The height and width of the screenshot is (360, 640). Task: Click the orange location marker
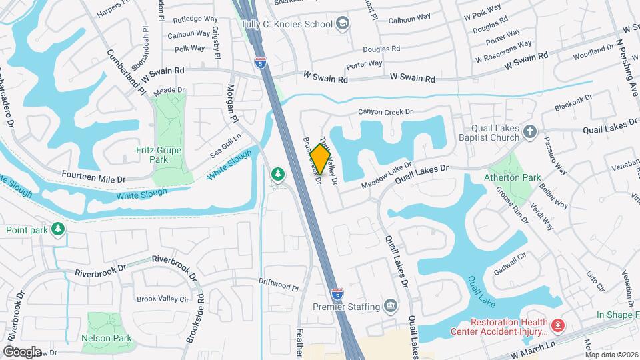(x=321, y=159)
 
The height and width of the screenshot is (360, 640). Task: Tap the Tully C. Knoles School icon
(x=343, y=25)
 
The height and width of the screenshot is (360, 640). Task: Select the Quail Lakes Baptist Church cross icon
(x=529, y=131)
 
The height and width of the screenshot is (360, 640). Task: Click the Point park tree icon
(x=59, y=230)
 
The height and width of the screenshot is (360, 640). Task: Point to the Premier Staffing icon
(x=391, y=307)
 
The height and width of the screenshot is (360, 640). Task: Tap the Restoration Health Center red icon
(x=557, y=326)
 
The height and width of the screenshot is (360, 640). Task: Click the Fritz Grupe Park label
(x=159, y=155)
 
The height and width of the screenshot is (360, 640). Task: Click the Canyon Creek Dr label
(x=386, y=111)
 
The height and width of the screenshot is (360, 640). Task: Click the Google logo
(x=23, y=351)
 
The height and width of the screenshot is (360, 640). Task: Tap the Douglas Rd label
(x=381, y=49)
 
